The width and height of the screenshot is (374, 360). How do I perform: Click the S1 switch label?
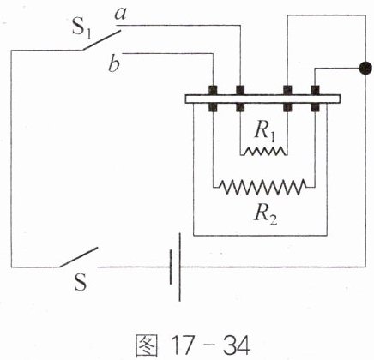tap(81, 28)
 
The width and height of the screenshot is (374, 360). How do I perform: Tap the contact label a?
tap(120, 14)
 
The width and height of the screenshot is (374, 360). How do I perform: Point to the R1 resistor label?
tap(265, 134)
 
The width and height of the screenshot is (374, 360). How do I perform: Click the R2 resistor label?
tap(266, 215)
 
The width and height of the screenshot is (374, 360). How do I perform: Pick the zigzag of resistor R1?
tap(265, 151)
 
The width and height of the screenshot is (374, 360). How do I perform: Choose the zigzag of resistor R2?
tap(262, 187)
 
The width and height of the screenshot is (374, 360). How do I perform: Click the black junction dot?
tap(365, 69)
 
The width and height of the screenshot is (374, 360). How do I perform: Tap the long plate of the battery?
tap(180, 267)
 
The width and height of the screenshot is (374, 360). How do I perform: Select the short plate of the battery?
tap(171, 267)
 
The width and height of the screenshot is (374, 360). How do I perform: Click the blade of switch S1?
tap(100, 39)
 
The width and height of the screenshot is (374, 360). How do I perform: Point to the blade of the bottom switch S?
tap(78, 257)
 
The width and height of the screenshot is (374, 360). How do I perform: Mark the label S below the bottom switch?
tap(80, 282)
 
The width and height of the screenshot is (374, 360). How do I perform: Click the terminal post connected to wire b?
tap(213, 99)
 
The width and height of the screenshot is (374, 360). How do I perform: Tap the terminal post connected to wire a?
tap(240, 99)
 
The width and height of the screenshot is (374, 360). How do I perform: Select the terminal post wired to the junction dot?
tap(315, 99)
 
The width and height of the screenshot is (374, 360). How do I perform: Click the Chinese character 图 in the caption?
tap(146, 345)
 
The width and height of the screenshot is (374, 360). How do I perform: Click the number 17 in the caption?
tap(184, 345)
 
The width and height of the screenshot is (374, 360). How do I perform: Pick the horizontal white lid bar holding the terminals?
tap(262, 99)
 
